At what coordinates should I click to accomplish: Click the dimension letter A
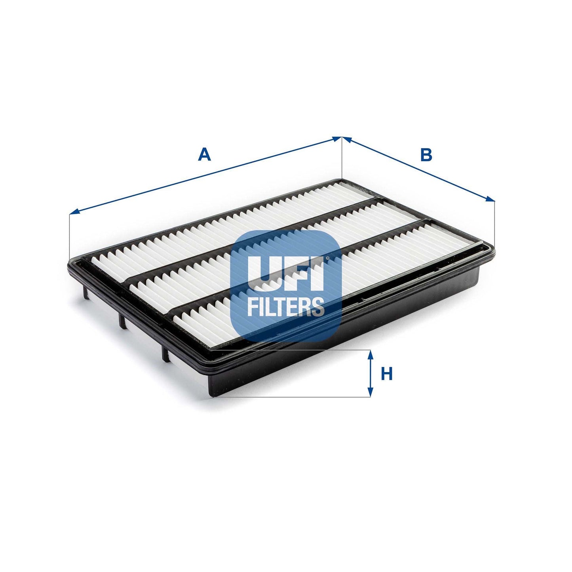204,154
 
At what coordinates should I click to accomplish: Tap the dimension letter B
426,155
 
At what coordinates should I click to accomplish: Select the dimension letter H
386,374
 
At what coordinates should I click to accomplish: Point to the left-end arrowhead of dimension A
74,213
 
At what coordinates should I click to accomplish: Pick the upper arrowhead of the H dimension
371,354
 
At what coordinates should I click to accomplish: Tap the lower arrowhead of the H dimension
371,392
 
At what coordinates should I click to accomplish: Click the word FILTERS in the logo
285,306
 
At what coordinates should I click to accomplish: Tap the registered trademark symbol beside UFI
327,259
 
